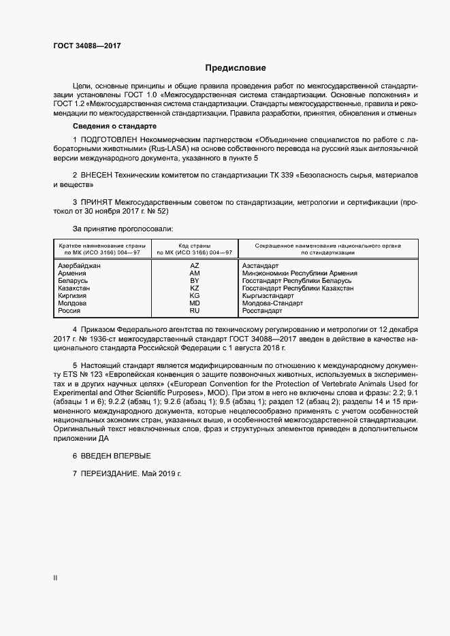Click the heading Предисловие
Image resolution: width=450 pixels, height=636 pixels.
click(236, 68)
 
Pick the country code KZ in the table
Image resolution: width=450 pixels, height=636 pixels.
click(195, 288)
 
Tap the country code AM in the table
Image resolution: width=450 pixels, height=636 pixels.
click(195, 273)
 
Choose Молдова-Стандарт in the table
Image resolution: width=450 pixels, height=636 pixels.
click(272, 303)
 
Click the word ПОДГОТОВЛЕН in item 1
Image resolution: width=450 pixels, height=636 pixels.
click(112, 139)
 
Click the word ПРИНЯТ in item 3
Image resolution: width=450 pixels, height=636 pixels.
click(99, 202)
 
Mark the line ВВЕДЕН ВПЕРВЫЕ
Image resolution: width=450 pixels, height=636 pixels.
click(116, 455)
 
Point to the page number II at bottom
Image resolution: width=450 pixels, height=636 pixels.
click(55, 578)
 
